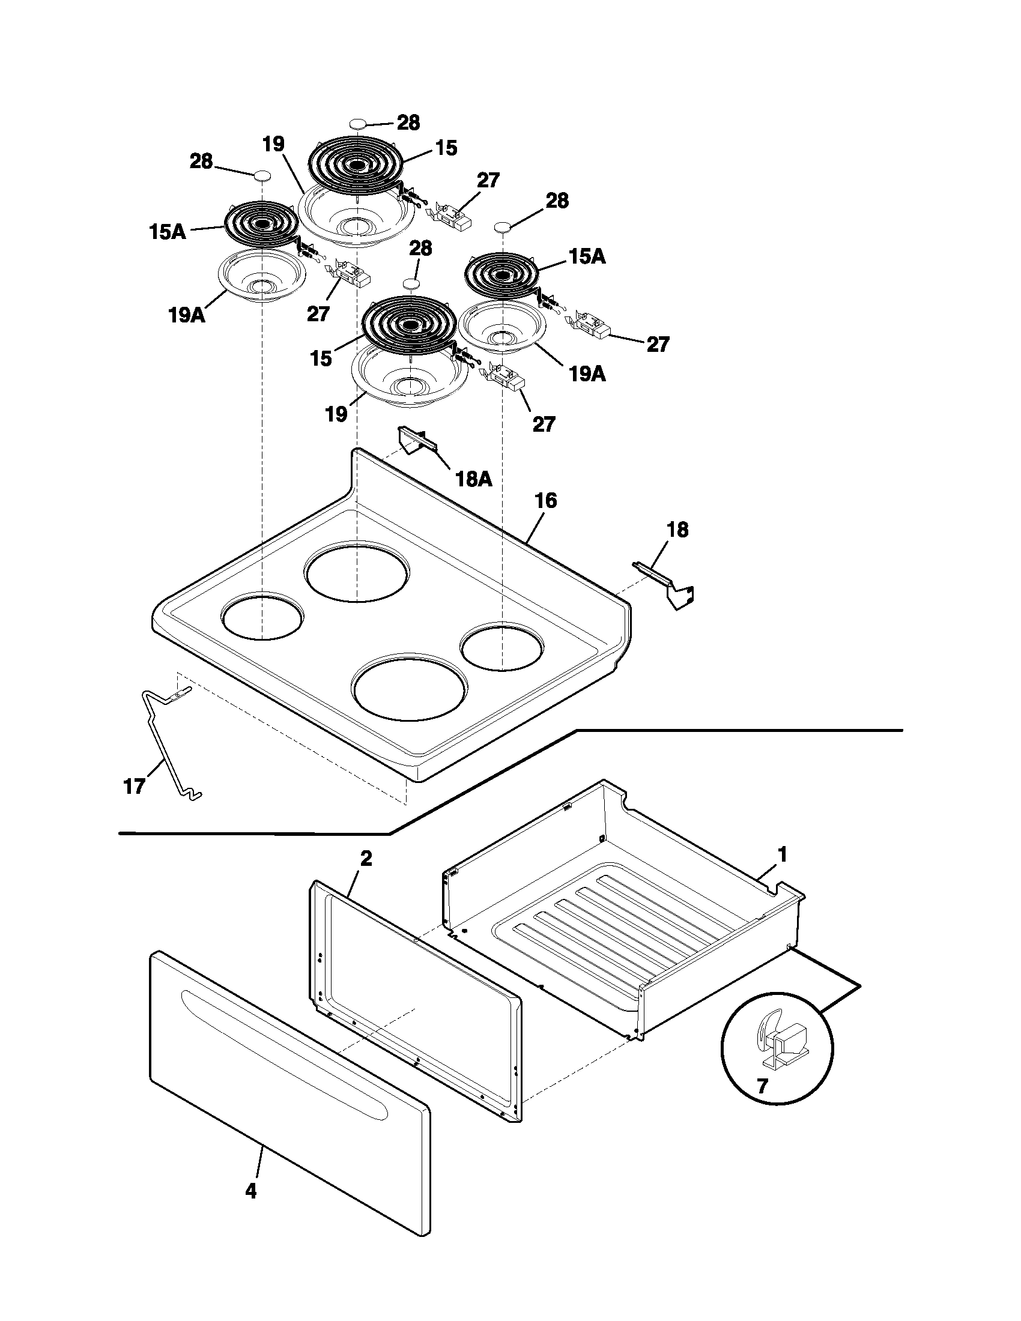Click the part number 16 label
545,501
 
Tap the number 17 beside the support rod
134,787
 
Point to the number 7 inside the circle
762,1086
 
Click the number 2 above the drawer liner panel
366,858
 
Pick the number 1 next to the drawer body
782,854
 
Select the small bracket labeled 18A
416,440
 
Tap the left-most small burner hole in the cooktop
262,615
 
